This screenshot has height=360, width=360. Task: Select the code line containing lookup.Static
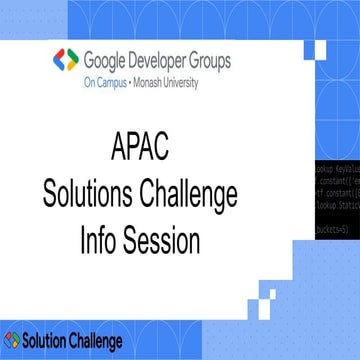coord(340,201)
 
